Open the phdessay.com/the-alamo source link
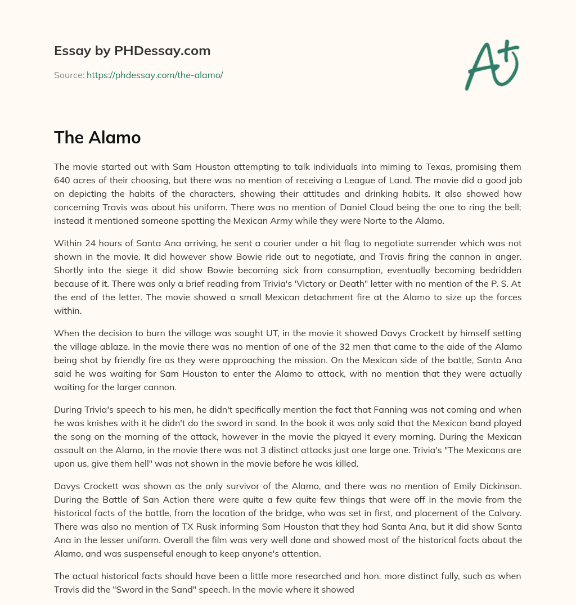coord(155,75)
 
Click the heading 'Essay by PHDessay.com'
coord(132,51)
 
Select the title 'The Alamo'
coord(97,137)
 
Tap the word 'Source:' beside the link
coord(69,75)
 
